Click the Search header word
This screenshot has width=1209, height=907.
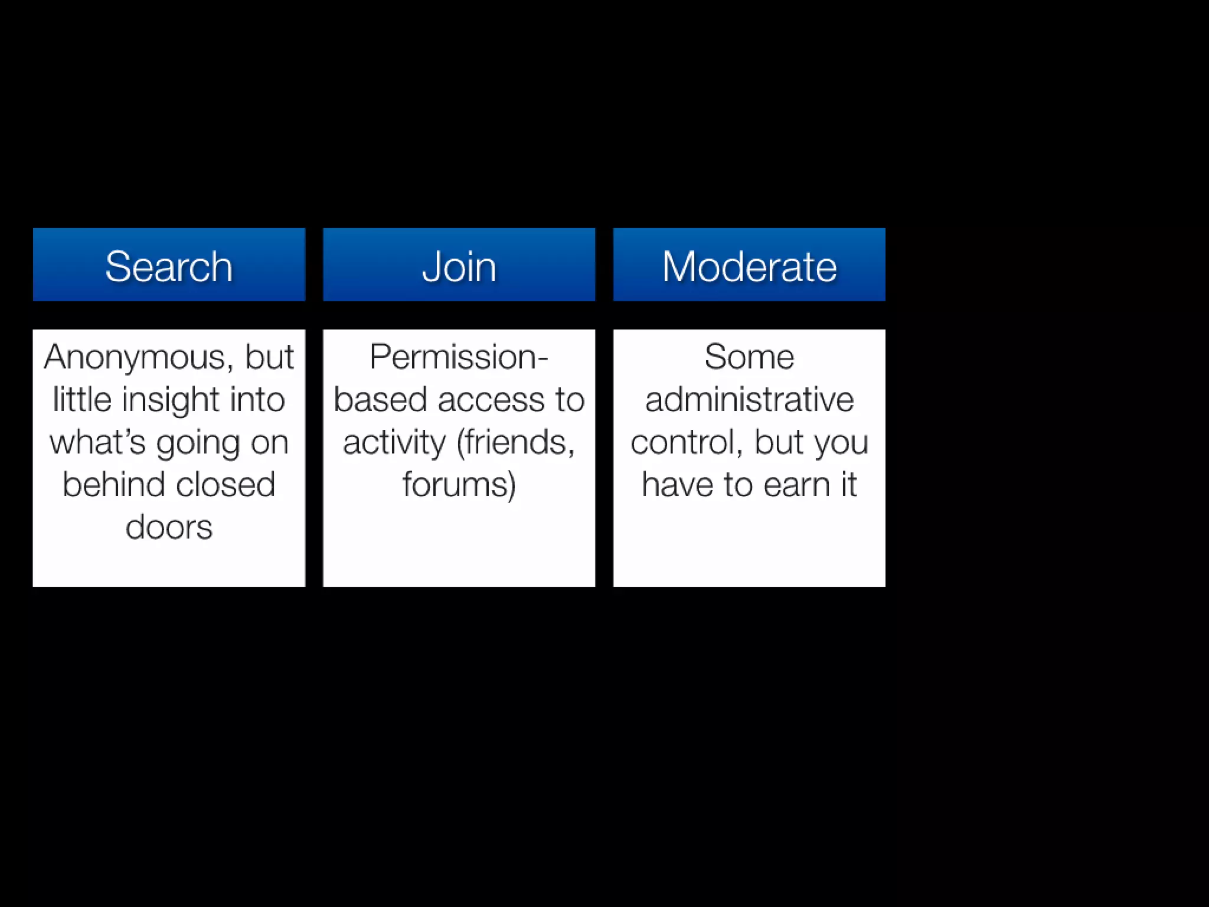[x=169, y=267]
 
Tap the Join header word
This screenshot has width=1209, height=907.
[x=459, y=267]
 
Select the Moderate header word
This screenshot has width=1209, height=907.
[x=749, y=267]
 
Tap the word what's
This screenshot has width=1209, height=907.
[x=97, y=442]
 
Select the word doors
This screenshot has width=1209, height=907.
[x=169, y=527]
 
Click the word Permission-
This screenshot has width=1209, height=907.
[x=459, y=357]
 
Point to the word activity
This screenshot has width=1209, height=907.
[x=394, y=442]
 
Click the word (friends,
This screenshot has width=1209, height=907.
[x=516, y=442]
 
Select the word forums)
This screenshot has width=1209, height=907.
[x=459, y=485]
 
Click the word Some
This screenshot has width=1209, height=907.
[x=749, y=357]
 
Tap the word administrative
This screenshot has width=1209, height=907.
[x=749, y=400]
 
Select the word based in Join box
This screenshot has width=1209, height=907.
[x=380, y=400]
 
